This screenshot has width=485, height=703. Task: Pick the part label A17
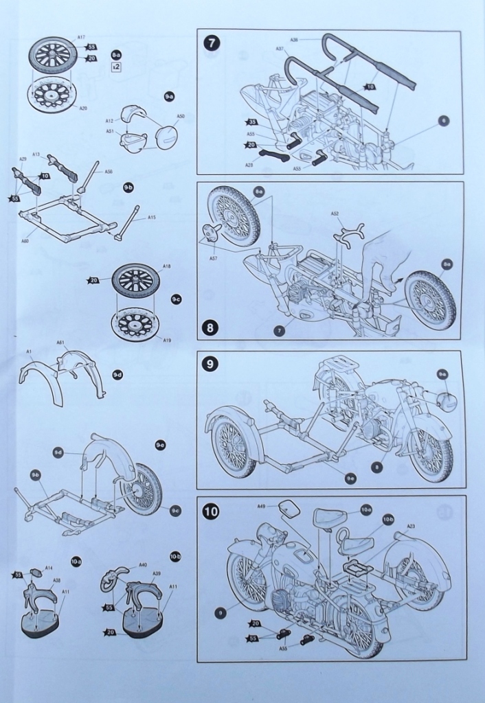pyautogui.click(x=82, y=38)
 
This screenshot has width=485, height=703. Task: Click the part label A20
pyautogui.click(x=83, y=108)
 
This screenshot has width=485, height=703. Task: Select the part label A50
pyautogui.click(x=181, y=117)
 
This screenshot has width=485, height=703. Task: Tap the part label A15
pyautogui.click(x=152, y=218)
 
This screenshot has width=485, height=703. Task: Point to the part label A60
pyautogui.click(x=25, y=241)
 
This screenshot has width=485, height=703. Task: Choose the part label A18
pyautogui.click(x=166, y=265)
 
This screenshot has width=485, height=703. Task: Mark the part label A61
pyautogui.click(x=60, y=342)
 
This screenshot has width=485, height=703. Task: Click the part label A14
pyautogui.click(x=49, y=568)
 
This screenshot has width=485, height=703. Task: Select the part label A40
pyautogui.click(x=143, y=565)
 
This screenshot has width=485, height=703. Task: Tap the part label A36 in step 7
pyautogui.click(x=293, y=40)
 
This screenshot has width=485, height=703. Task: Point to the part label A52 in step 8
pyautogui.click(x=335, y=214)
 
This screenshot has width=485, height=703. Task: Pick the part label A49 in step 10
pyautogui.click(x=262, y=507)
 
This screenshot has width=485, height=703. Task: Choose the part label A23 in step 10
pyautogui.click(x=410, y=527)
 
